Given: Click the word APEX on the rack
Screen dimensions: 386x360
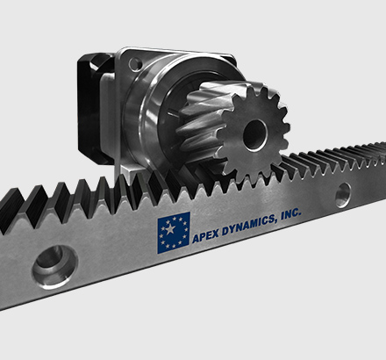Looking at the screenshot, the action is [206, 236].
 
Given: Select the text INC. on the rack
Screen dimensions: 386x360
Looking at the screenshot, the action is [290, 213].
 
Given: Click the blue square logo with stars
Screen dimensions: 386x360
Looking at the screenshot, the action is [174, 233].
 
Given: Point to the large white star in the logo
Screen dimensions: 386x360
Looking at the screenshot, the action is [170, 229].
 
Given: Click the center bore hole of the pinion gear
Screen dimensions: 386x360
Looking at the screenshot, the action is [255, 135].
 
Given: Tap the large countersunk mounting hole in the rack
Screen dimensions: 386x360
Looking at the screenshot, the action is [54, 266].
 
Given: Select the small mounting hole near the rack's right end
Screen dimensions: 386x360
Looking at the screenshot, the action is [343, 195].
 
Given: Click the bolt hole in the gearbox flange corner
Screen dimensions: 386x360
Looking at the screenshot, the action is [134, 63].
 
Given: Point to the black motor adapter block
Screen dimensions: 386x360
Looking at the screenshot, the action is [94, 108].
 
